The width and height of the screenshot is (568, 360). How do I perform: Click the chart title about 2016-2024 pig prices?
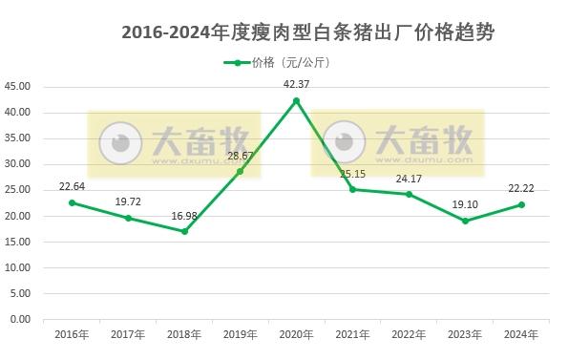[x=308, y=32]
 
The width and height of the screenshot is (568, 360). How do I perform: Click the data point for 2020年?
[x=296, y=100]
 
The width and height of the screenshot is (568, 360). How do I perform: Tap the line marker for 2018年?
[x=184, y=231]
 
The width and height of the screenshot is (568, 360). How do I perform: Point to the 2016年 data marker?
[x=72, y=202]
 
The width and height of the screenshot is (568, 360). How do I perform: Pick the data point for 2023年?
[x=465, y=221]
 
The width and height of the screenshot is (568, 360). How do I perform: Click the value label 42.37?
[x=296, y=84]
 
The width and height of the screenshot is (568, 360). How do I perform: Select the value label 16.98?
[x=184, y=216]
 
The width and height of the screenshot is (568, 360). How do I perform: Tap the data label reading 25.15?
[x=352, y=174]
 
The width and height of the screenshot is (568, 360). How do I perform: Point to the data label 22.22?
[x=521, y=188]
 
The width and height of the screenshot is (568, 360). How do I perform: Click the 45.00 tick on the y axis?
[x=19, y=86]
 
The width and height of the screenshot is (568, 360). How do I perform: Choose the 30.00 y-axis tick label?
[x=19, y=164]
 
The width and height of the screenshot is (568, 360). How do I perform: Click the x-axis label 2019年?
[x=240, y=334]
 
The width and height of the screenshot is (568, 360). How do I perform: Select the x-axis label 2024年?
[x=521, y=334]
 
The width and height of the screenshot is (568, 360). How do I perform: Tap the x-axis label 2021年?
[x=352, y=334]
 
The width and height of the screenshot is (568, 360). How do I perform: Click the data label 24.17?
[x=409, y=179]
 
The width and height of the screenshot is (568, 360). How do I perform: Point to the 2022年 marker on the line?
[x=409, y=194]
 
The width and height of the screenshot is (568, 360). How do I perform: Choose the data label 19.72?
[x=128, y=202]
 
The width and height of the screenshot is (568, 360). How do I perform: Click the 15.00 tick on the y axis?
[x=19, y=242]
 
